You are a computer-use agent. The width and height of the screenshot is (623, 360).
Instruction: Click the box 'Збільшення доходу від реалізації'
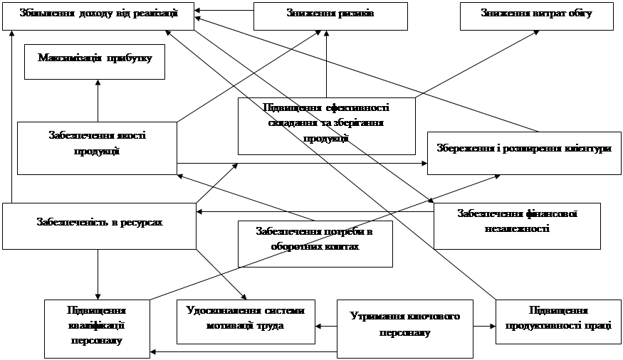[x=98, y=15]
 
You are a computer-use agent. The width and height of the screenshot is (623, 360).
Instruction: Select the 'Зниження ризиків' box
[x=330, y=15]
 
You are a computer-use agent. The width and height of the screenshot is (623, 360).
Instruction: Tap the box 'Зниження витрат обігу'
[x=536, y=15]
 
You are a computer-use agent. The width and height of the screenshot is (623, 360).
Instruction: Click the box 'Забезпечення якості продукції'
[x=97, y=148]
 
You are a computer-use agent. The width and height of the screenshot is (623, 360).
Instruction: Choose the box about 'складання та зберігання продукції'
[x=326, y=125]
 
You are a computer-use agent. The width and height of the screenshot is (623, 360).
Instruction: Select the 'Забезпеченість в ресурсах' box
[x=99, y=225]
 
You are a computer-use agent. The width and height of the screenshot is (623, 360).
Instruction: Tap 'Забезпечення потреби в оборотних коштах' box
[x=314, y=242]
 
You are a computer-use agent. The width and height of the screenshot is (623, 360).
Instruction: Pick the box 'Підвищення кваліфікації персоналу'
[x=97, y=328]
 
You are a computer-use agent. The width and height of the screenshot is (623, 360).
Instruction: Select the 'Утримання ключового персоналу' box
[x=404, y=328]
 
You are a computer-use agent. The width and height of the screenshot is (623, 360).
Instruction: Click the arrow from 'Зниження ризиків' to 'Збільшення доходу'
[x=224, y=11]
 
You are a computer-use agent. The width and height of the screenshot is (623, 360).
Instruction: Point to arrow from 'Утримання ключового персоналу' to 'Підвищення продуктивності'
[x=484, y=327]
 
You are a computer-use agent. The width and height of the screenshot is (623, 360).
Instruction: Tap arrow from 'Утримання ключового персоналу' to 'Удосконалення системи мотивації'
[x=325, y=327]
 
